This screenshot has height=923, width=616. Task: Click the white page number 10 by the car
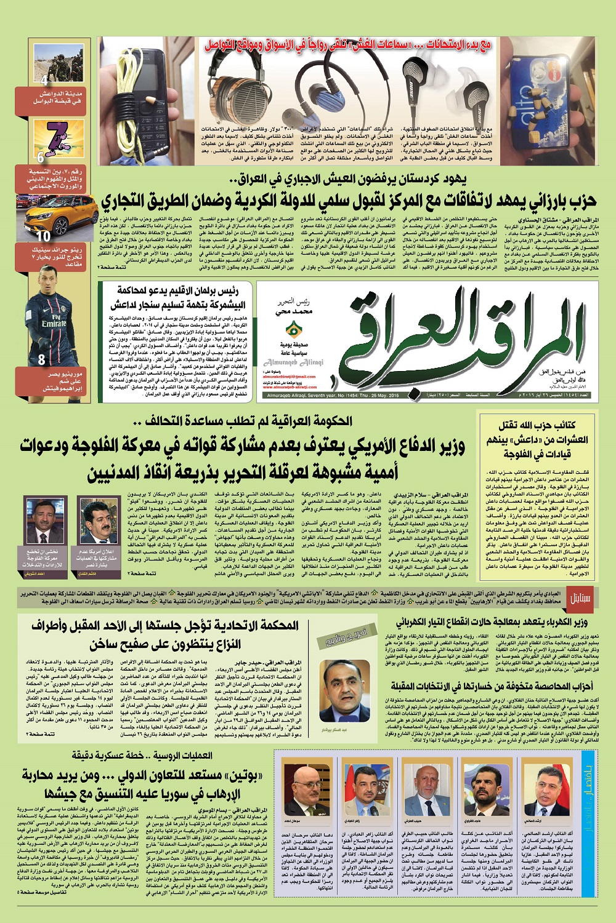click(x=43, y=236)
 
